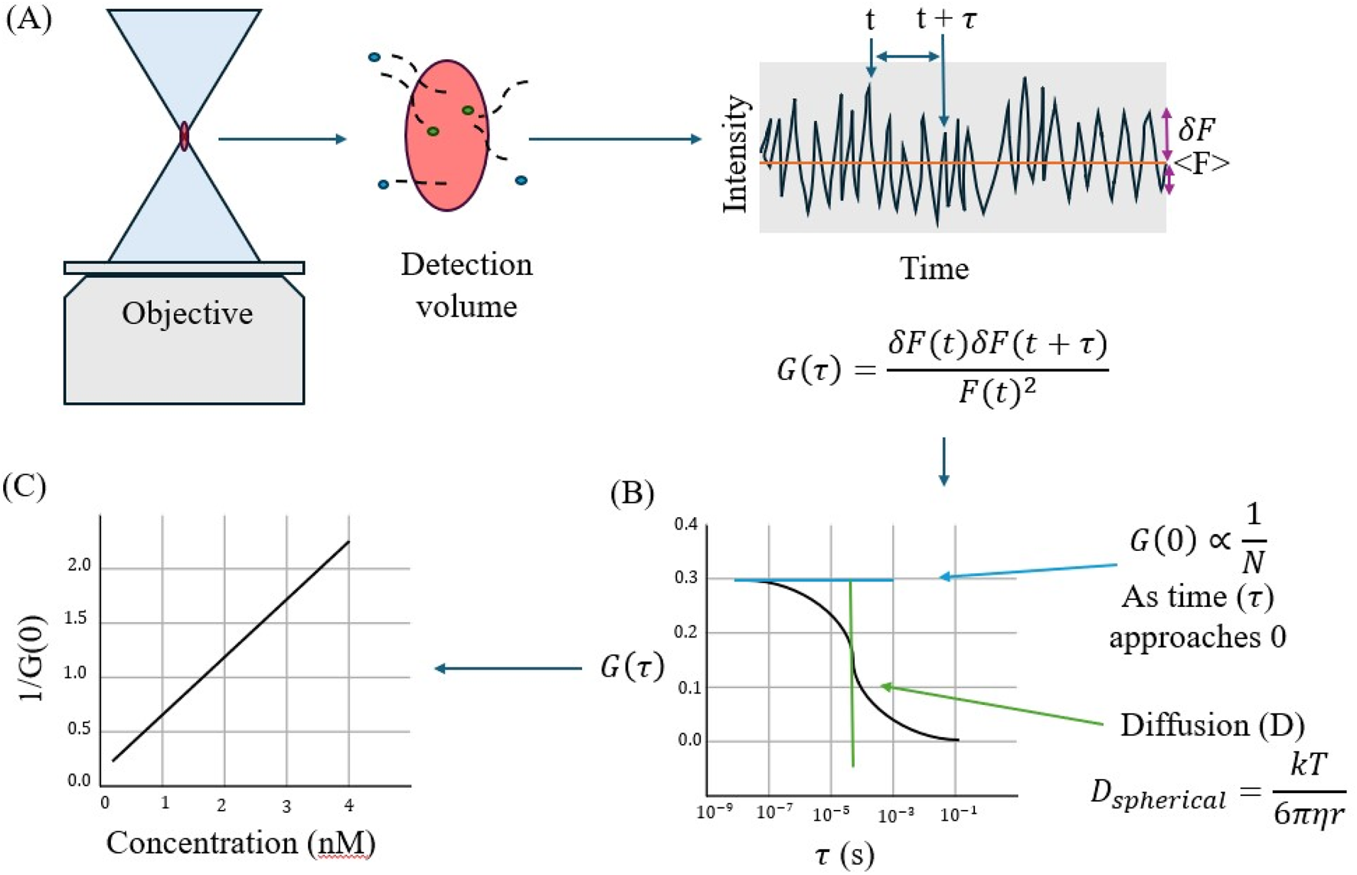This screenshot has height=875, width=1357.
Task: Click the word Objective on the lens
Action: click(x=187, y=313)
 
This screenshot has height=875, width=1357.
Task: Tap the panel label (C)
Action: click(x=25, y=487)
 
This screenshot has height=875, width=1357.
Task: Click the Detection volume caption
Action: click(x=466, y=285)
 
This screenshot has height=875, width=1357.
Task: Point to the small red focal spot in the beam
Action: click(x=184, y=136)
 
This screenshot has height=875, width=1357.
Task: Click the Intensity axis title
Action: click(x=735, y=154)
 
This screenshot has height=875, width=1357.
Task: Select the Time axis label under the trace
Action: click(x=934, y=269)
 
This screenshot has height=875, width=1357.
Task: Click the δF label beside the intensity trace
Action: click(x=1196, y=129)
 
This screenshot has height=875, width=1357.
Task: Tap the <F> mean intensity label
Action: click(x=1201, y=163)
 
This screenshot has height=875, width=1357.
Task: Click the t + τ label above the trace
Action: click(x=947, y=19)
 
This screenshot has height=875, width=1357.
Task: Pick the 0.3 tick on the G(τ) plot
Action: click(x=686, y=578)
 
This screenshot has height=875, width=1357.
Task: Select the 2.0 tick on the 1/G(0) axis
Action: click(x=79, y=565)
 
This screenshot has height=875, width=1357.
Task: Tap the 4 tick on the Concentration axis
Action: click(x=349, y=805)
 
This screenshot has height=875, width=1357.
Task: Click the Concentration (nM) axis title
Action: click(x=240, y=843)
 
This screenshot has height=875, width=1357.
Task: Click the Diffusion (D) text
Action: click(x=1212, y=724)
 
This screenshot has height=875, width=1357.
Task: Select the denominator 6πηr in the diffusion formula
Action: click(x=1308, y=813)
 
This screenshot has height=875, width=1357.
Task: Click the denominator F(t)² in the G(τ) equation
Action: click(x=997, y=393)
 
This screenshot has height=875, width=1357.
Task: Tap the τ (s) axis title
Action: click(x=843, y=854)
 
